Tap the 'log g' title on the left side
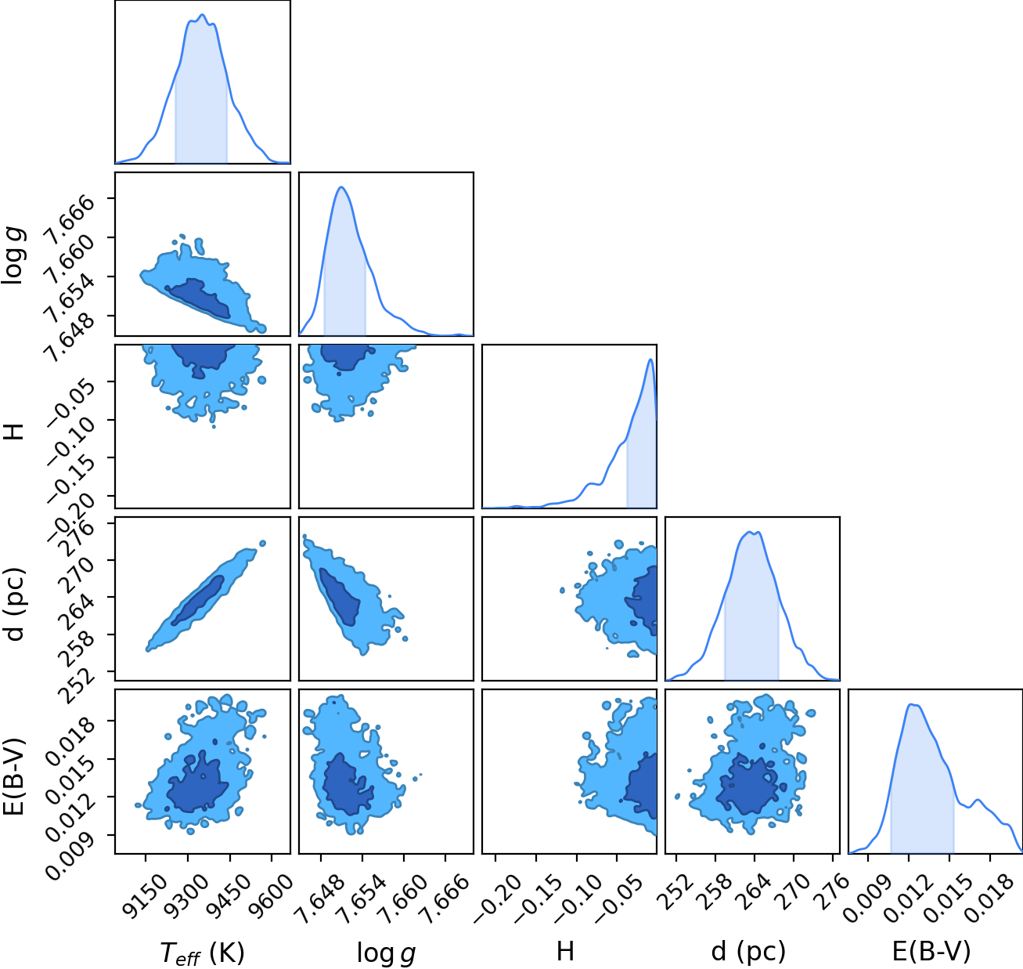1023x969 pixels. point(13,254)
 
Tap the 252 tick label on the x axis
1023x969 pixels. point(675,886)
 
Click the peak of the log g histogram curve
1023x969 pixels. point(341,186)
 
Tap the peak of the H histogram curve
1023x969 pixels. point(650,359)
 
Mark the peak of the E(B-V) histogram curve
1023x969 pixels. point(911,704)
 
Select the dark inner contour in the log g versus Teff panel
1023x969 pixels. point(199,297)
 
